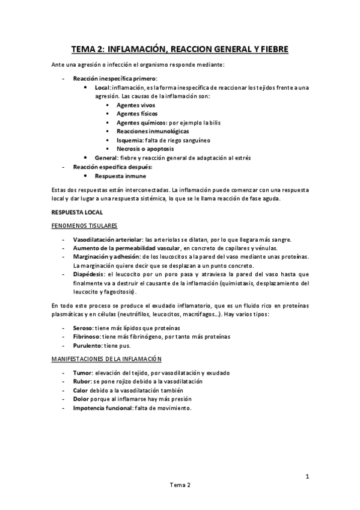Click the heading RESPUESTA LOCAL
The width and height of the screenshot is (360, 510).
pyautogui.click(x=77, y=212)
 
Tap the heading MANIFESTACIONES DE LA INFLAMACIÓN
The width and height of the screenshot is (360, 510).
pyautogui.click(x=106, y=359)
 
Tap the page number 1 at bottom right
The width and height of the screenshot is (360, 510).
pyautogui.click(x=307, y=478)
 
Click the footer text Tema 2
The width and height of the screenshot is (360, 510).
pyautogui.click(x=180, y=500)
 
